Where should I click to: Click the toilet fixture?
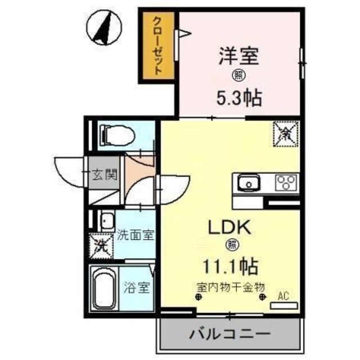click(116, 135)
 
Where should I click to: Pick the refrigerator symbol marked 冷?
click(285, 134)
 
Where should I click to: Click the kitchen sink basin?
click(247, 183)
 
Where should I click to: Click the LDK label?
click(229, 227)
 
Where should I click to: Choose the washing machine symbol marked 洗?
click(102, 245)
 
